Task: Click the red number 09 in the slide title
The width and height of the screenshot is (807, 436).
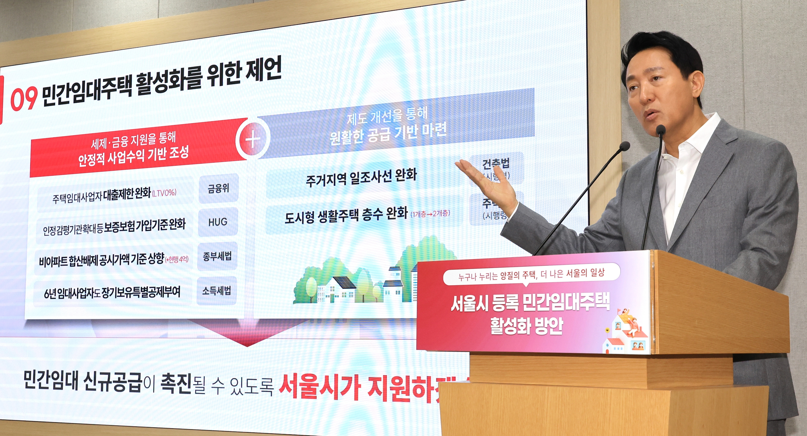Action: point(24,98)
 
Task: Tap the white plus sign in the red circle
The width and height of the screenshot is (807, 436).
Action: point(252,138)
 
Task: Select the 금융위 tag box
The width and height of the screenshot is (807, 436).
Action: point(218,188)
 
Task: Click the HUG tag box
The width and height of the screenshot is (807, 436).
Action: point(218,222)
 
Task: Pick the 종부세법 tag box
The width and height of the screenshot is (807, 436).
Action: point(217,256)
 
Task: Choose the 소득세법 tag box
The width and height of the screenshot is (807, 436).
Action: point(216,291)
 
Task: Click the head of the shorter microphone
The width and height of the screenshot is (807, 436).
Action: point(624,146)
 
